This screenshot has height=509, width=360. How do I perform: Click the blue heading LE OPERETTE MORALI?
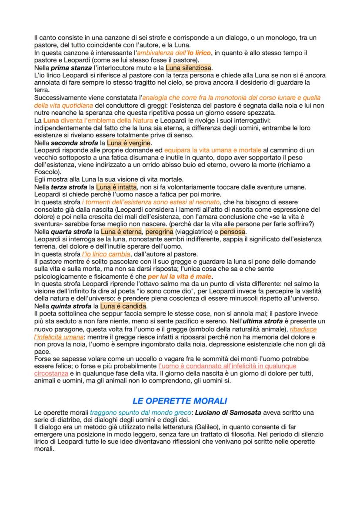pos(180,401)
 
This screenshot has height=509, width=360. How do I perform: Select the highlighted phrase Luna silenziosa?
pos(188,68)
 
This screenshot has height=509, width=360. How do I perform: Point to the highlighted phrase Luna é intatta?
pos(113,187)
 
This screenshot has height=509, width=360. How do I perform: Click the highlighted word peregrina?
pos(159,232)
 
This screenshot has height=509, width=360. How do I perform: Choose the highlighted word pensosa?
pos(233,232)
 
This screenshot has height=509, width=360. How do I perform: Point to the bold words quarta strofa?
pos(71,232)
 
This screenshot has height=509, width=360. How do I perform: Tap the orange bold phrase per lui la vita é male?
pos(179,276)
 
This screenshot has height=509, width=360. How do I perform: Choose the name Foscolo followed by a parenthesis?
pos(46,172)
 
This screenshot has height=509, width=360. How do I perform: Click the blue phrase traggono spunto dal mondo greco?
pos(140,412)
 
